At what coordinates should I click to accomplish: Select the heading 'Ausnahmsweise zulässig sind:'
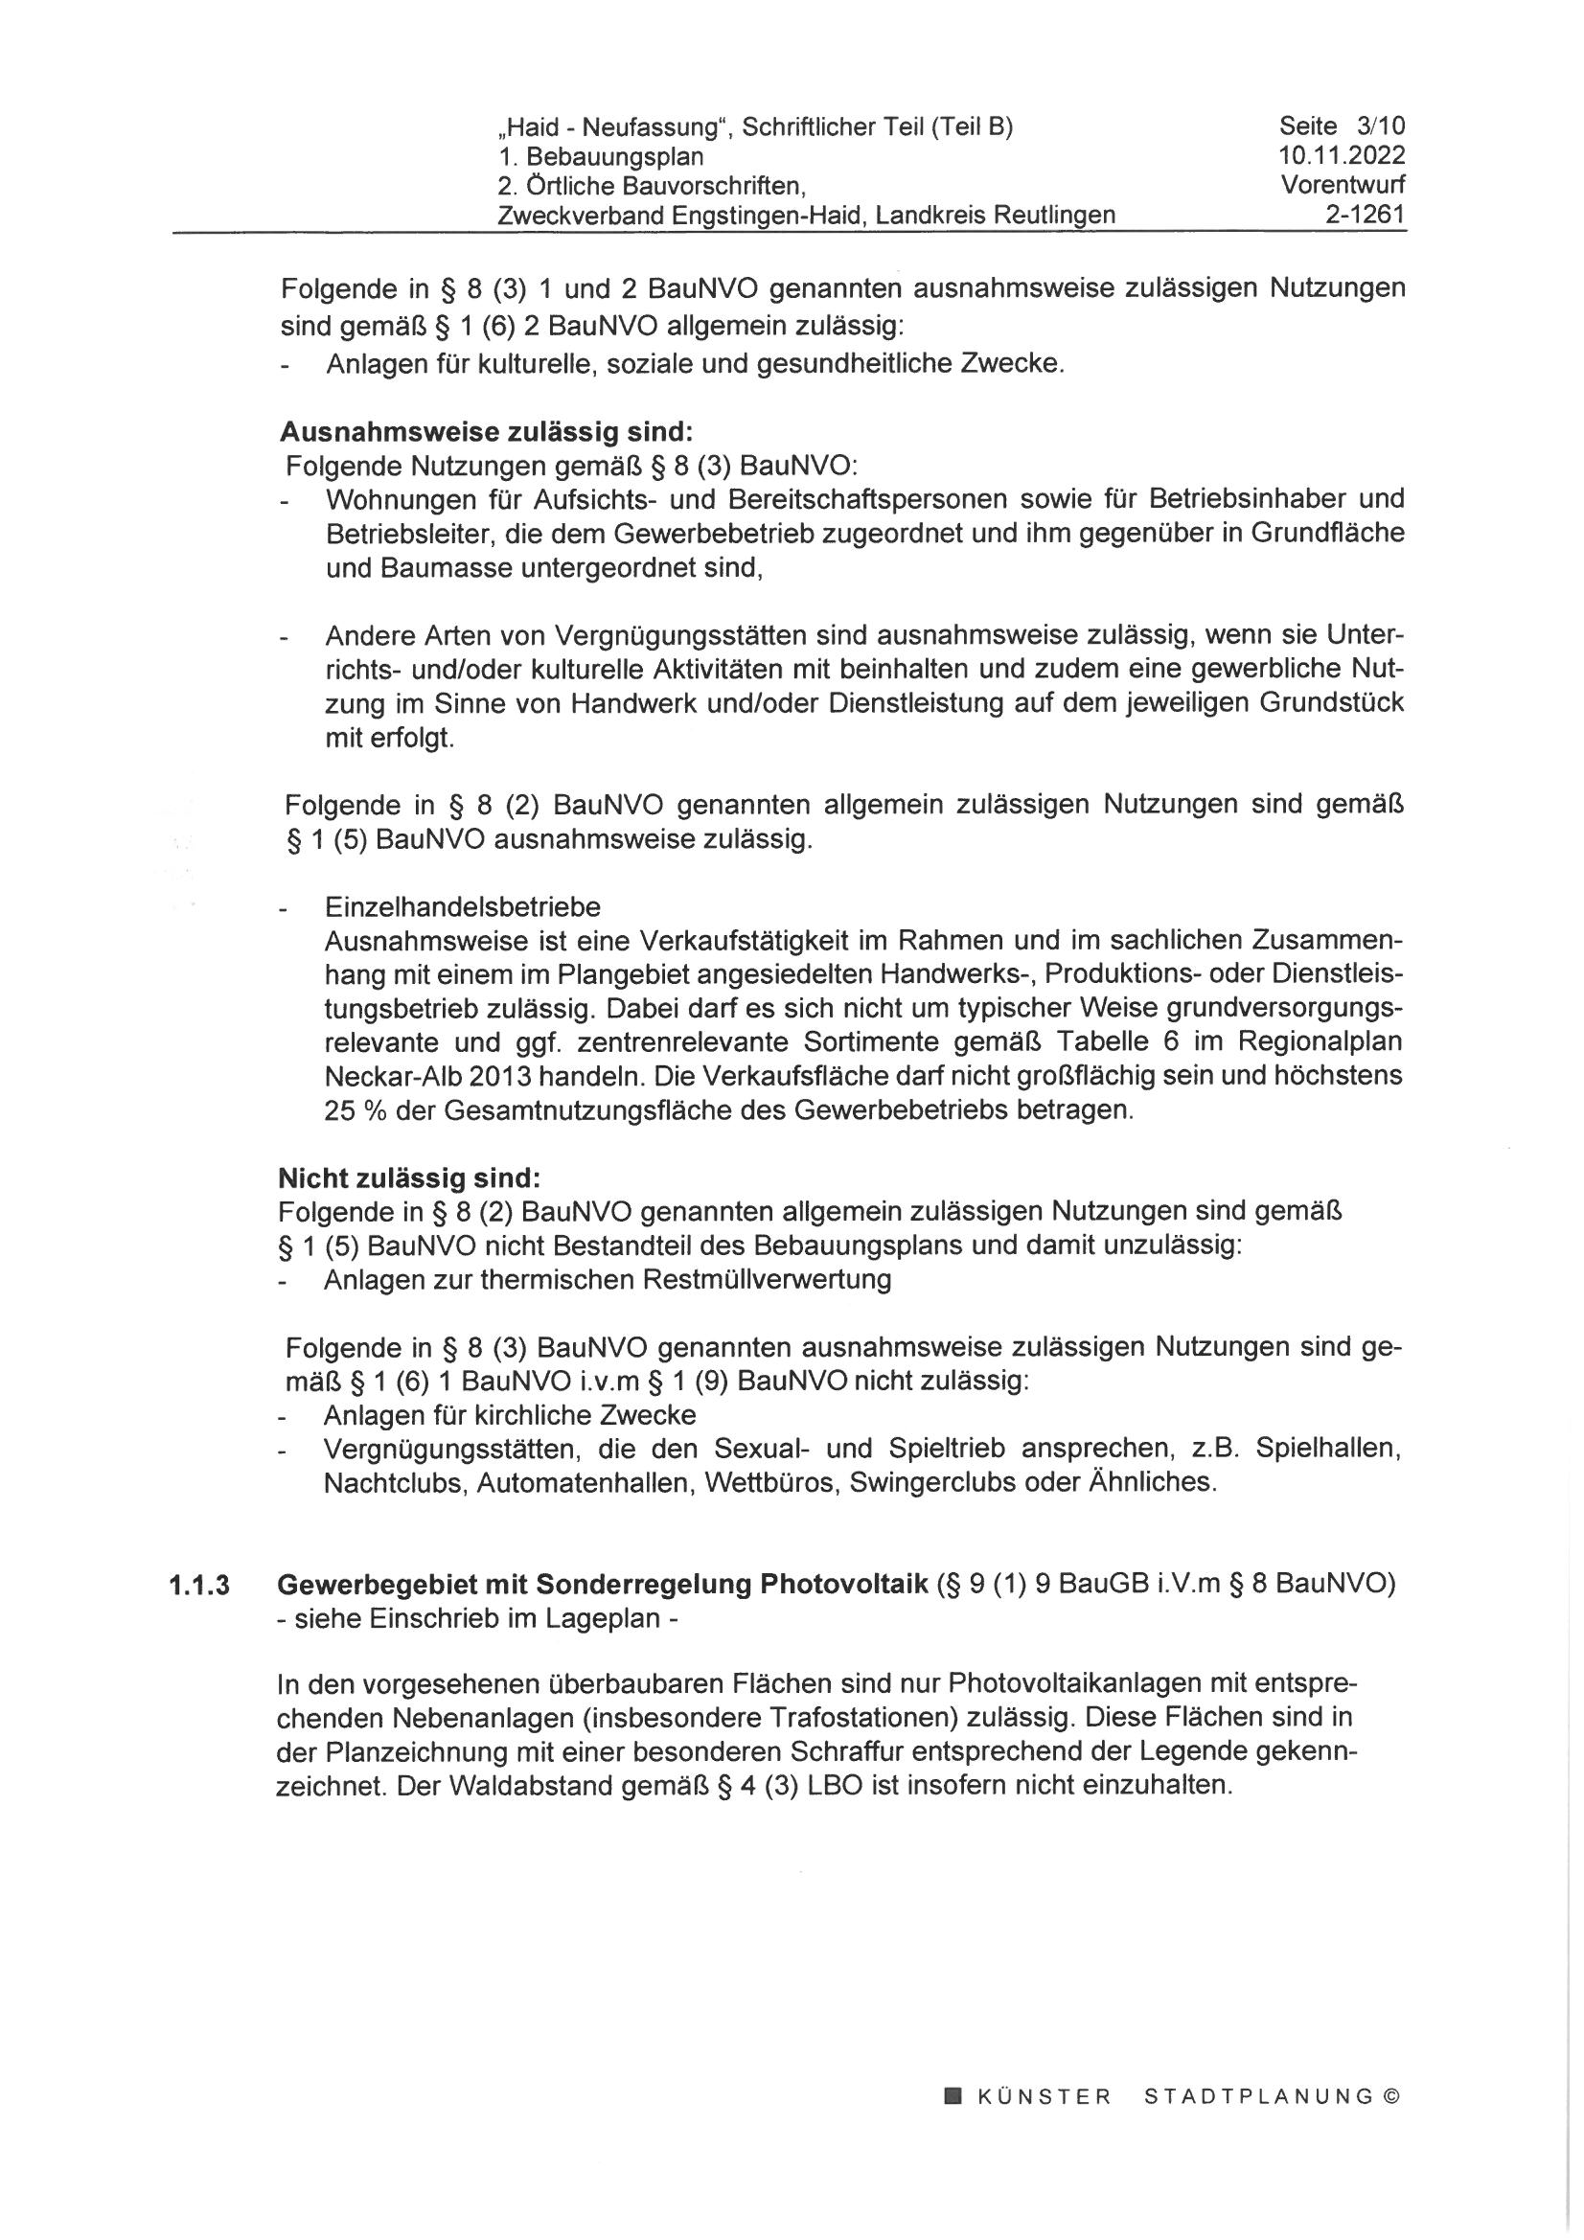(x=485, y=431)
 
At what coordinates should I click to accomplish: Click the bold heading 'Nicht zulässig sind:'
(x=409, y=1177)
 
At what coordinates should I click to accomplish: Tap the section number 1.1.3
(x=198, y=1587)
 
